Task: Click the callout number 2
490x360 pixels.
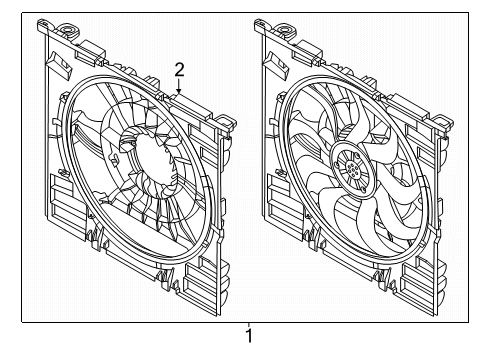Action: [179, 70]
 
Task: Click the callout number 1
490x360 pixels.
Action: [249, 336]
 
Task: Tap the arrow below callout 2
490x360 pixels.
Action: [179, 86]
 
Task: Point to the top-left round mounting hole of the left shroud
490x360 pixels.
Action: [69, 30]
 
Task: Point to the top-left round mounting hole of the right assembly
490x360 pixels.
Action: [285, 30]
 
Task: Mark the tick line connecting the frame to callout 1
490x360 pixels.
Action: [248, 325]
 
